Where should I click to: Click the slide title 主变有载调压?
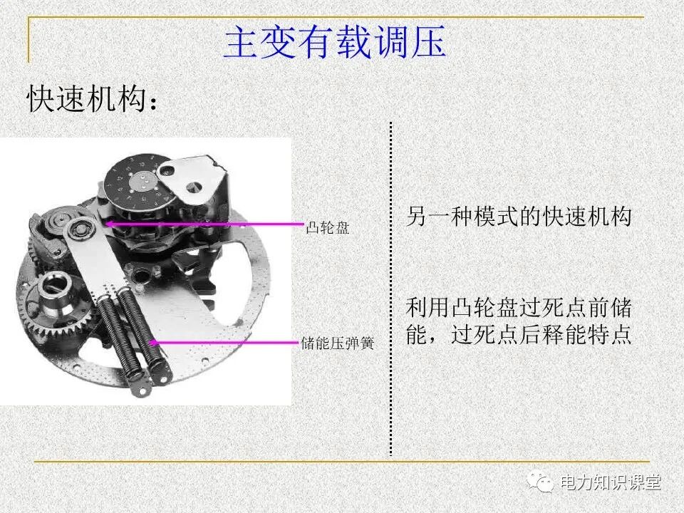pyautogui.click(x=334, y=43)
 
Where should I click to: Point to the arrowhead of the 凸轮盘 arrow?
pyautogui.click(x=108, y=224)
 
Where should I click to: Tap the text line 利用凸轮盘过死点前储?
pyautogui.click(x=519, y=309)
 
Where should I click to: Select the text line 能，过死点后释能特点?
pyautogui.click(x=519, y=335)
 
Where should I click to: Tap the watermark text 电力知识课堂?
pyautogui.click(x=611, y=482)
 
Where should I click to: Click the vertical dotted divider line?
pyautogui.click(x=390, y=285)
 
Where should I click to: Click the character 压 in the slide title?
pyautogui.click(x=428, y=43)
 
